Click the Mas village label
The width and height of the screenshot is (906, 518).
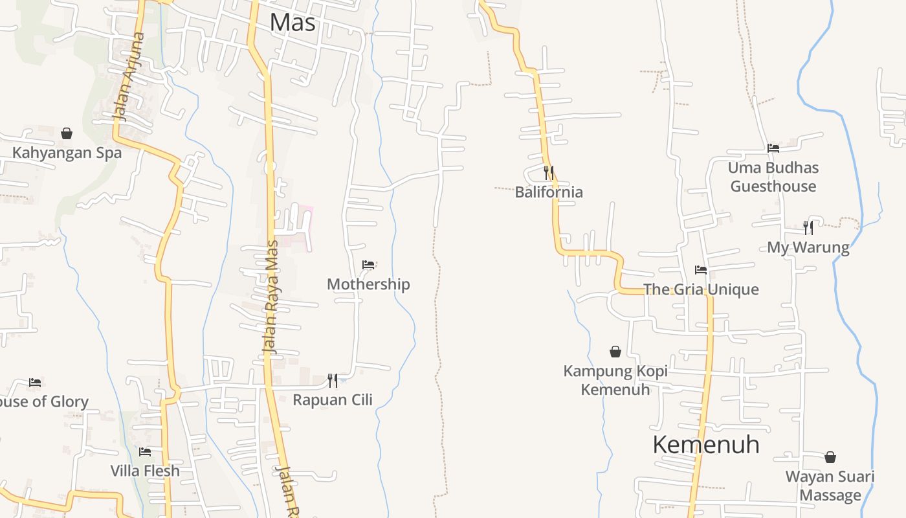point(293,23)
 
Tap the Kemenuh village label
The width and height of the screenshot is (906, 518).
point(705,445)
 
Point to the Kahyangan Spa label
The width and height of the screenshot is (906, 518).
point(67,153)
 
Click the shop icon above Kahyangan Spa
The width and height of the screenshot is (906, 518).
point(67,134)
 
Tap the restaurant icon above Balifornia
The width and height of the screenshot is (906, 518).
point(549,173)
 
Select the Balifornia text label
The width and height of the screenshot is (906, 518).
point(549,192)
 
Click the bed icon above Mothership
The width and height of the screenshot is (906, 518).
point(368,265)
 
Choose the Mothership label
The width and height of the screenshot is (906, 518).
point(368,284)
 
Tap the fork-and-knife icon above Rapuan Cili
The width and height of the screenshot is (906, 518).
point(332,380)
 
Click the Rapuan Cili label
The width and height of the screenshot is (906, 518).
point(333,400)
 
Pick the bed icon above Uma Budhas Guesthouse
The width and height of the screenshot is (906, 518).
point(773,148)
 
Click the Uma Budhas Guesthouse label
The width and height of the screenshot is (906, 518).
point(773,177)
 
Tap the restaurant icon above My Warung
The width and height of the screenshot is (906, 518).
point(808,228)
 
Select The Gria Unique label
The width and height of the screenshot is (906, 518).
point(701,289)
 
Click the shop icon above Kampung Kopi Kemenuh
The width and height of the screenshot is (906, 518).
point(615,352)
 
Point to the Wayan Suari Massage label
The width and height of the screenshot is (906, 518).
point(830,486)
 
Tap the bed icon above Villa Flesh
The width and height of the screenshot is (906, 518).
point(145,451)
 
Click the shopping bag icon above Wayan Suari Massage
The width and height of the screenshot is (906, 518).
point(830,457)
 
